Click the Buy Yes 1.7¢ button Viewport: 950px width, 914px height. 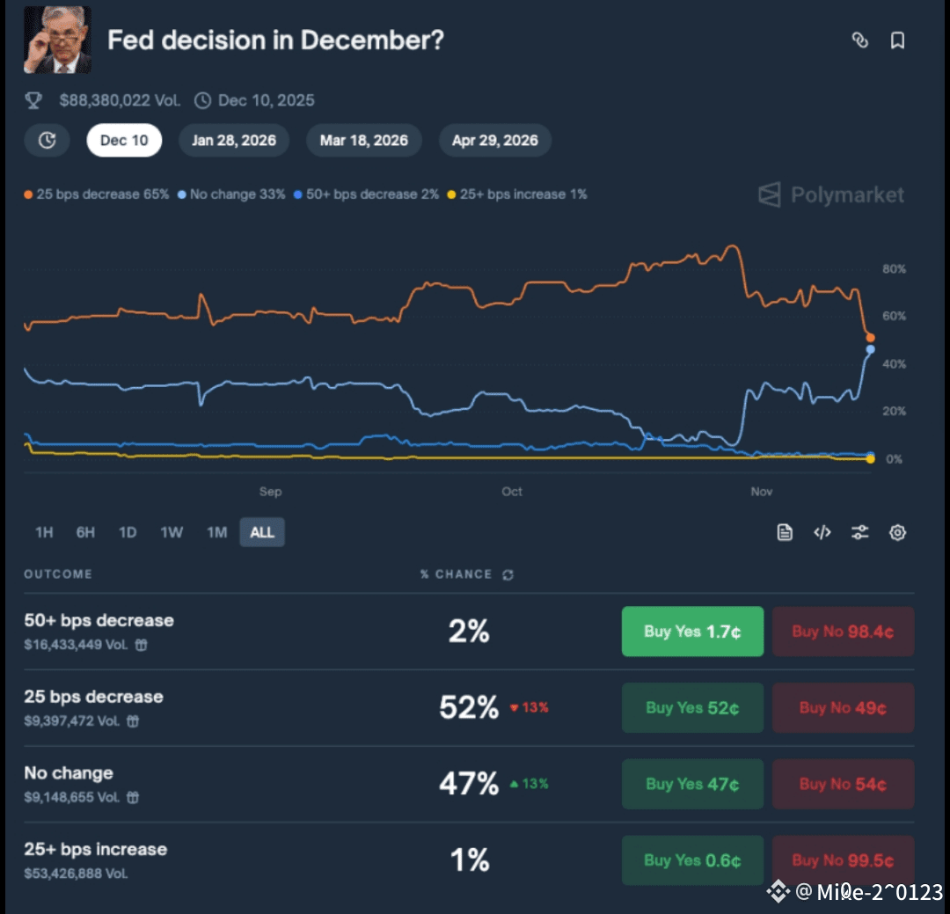(x=692, y=632)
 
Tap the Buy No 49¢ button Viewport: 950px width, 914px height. (x=843, y=708)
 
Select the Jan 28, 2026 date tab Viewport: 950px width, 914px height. (x=234, y=141)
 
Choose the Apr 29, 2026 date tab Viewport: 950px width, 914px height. (x=495, y=141)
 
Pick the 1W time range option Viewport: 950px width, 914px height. (x=172, y=532)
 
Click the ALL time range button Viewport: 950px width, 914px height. (x=262, y=532)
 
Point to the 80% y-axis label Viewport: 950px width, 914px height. (x=894, y=269)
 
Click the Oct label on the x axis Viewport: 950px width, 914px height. (x=512, y=492)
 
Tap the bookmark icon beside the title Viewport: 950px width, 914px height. (x=897, y=40)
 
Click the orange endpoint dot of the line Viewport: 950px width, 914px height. (x=870, y=338)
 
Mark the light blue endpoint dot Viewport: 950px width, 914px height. (x=870, y=350)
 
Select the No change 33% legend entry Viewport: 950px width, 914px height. (x=232, y=194)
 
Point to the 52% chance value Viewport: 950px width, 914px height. (x=468, y=707)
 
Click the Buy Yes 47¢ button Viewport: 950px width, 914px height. (x=692, y=785)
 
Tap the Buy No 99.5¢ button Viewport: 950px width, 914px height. (x=843, y=860)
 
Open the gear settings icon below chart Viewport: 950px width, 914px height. (x=897, y=532)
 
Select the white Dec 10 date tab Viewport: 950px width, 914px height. (x=124, y=141)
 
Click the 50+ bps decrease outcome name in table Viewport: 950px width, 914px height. (x=99, y=621)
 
